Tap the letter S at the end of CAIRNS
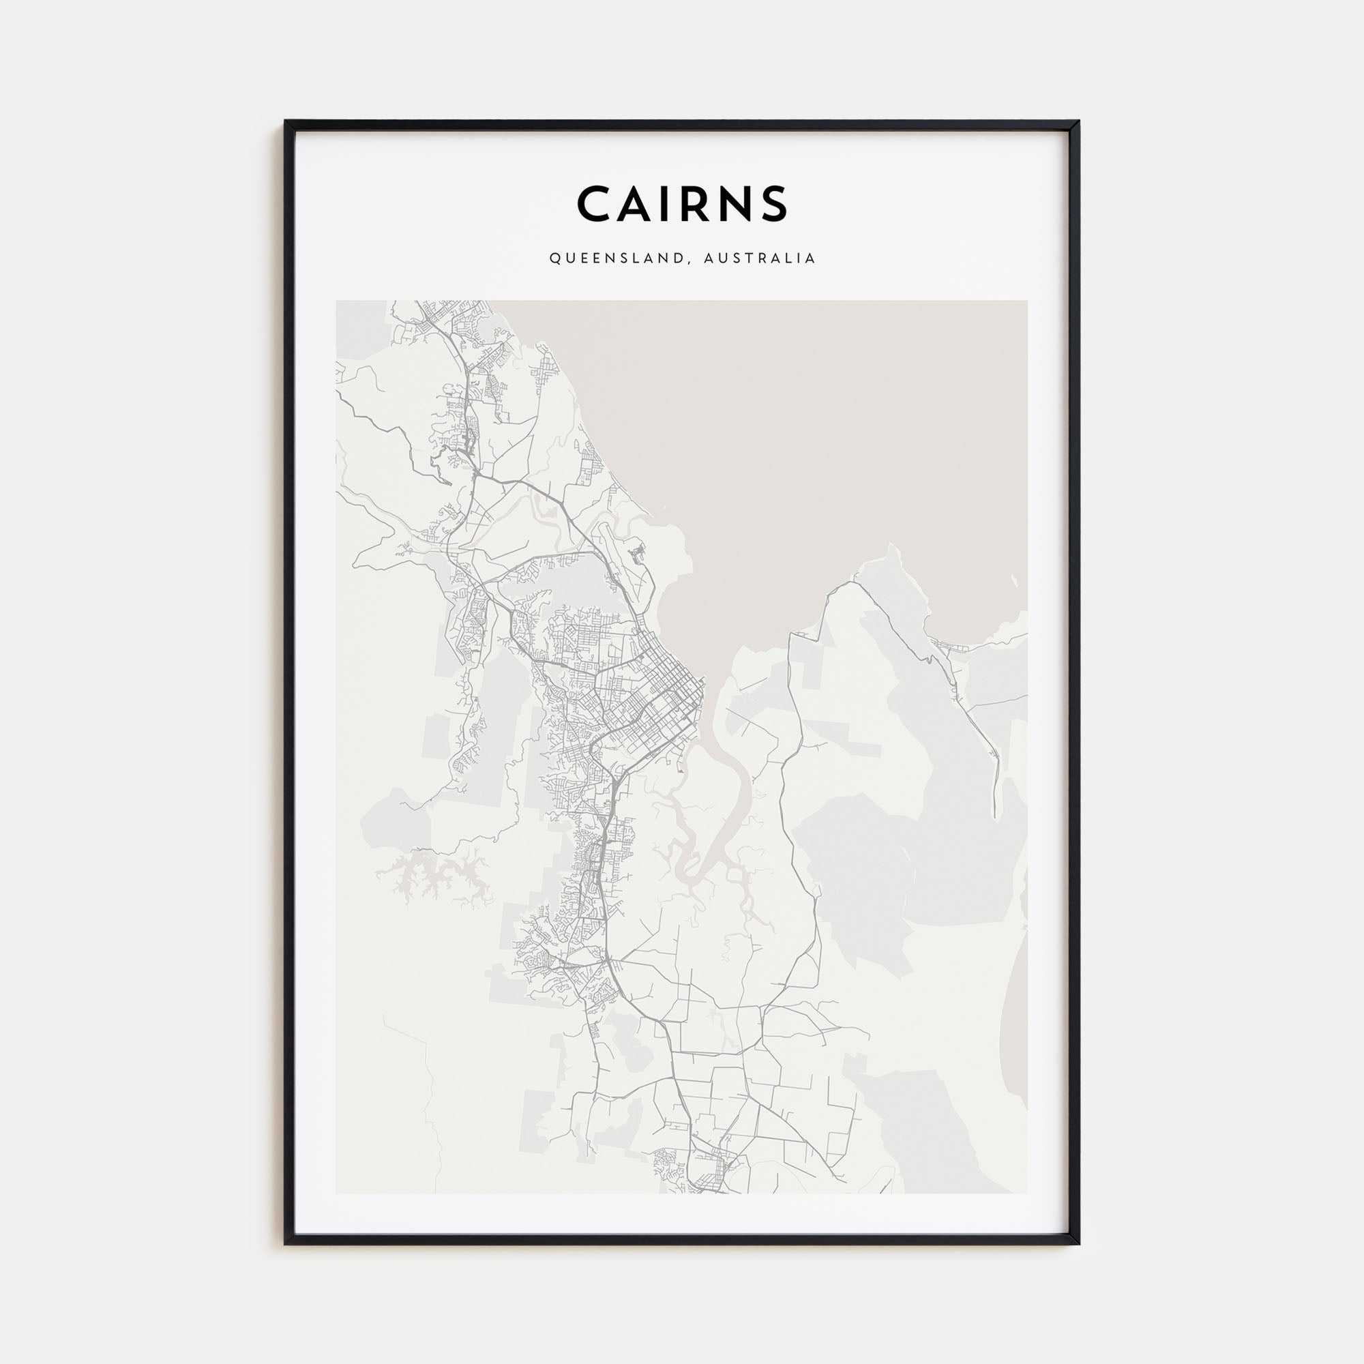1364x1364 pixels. pos(773,204)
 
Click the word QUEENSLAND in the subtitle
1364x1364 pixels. pos(615,258)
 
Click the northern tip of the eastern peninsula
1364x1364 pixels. pos(891,546)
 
